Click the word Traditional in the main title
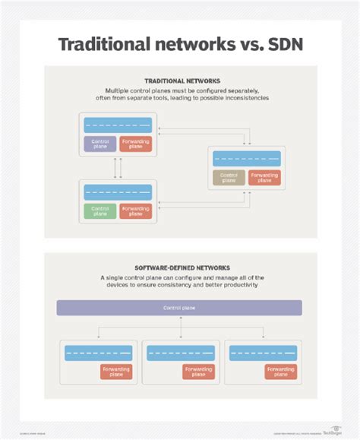coord(109,43)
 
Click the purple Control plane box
coord(99,144)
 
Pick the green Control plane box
coord(99,211)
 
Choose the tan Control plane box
coord(229,177)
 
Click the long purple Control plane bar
coord(179,308)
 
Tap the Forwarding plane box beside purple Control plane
coord(135,144)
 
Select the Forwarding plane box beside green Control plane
coord(135,211)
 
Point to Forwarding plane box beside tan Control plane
coord(264,177)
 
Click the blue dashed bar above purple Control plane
coord(118,125)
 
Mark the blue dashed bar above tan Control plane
coord(247,159)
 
